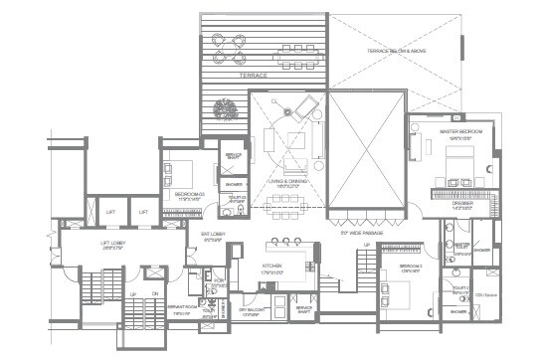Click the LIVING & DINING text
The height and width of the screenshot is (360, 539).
point(288,183)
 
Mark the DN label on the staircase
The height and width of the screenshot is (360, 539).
point(155,294)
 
